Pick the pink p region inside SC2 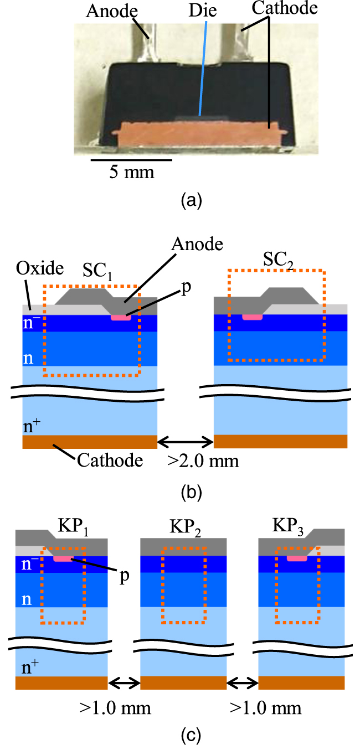tap(252, 317)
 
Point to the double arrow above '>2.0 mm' tap(186, 441)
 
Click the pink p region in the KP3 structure tap(298, 558)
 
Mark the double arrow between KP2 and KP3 tap(243, 683)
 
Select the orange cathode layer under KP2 tap(183, 683)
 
